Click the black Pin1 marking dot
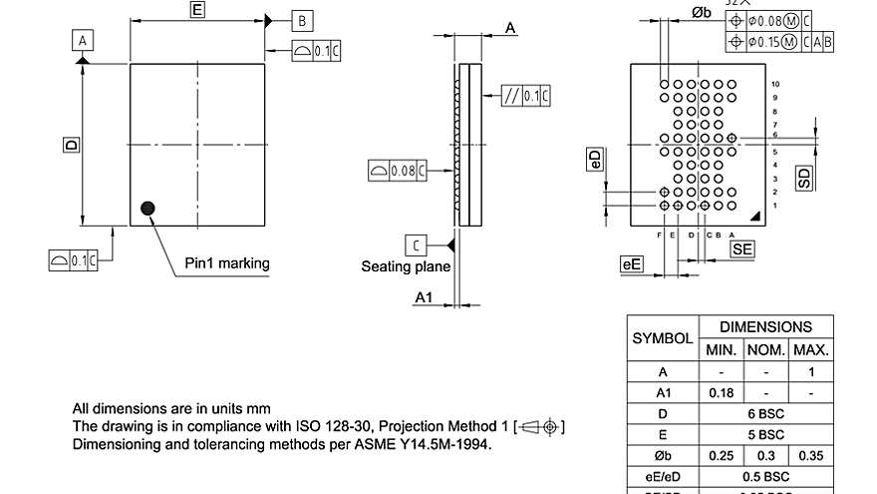point(148,208)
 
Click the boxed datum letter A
point(83,39)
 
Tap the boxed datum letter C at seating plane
point(416,245)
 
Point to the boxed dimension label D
point(71,145)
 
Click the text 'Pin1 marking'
point(227,263)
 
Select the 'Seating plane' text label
point(406,266)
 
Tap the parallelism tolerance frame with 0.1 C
point(526,96)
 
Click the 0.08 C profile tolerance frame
point(398,171)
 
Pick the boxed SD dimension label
point(803,178)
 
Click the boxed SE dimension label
point(741,249)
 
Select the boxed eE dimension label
point(631,263)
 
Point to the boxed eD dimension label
point(595,160)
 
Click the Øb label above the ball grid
point(701,11)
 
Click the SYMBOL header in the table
point(663,338)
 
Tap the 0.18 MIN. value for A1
point(721,392)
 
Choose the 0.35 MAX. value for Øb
point(811,456)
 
